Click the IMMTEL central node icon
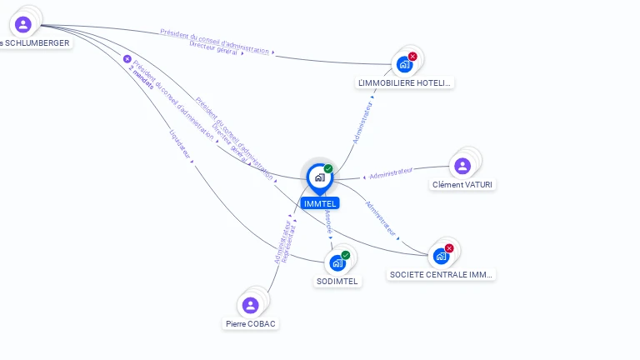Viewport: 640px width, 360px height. tap(319, 177)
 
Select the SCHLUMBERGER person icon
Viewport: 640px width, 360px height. tap(23, 24)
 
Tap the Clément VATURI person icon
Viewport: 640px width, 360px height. tap(462, 166)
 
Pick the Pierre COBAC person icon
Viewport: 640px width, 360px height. tap(250, 305)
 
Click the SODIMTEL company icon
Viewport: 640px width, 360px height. tap(337, 262)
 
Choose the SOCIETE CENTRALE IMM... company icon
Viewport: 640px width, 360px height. tap(441, 255)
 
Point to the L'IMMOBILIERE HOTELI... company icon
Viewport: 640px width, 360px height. tap(404, 63)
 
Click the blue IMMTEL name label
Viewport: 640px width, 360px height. tap(320, 203)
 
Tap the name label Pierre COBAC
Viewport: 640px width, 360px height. tap(250, 323)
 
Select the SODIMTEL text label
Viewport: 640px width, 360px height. tap(337, 281)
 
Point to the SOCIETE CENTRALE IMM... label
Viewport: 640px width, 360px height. tap(442, 273)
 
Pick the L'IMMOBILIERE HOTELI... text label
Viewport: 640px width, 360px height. tap(404, 82)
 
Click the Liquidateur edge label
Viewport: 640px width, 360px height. tap(180, 142)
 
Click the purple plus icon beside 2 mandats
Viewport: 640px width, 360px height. tap(127, 59)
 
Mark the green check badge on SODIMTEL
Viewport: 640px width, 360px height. tap(346, 255)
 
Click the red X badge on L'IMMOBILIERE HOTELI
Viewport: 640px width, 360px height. tap(412, 56)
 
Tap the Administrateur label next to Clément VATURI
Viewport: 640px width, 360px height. tap(391, 172)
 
